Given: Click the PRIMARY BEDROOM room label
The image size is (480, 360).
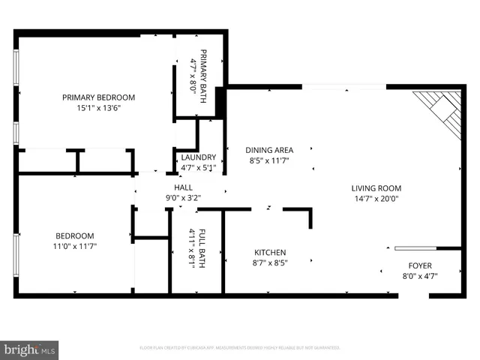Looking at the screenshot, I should pyautogui.click(x=98, y=97).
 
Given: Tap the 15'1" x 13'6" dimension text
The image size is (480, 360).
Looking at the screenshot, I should pyautogui.click(x=98, y=108).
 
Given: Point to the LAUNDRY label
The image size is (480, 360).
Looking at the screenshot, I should pyautogui.click(x=199, y=157).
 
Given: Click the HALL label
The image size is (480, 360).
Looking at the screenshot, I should pyautogui.click(x=184, y=187).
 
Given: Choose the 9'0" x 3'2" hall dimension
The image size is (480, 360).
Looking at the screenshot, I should pyautogui.click(x=184, y=198).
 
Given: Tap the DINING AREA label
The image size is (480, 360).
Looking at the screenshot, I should pyautogui.click(x=270, y=150).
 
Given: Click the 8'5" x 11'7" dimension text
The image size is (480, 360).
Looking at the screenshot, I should pyautogui.click(x=270, y=160).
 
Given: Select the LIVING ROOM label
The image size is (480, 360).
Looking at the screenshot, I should pyautogui.click(x=376, y=188).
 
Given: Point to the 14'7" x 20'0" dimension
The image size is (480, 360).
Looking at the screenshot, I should pyautogui.click(x=376, y=199).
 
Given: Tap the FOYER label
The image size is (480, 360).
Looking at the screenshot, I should pyautogui.click(x=419, y=265).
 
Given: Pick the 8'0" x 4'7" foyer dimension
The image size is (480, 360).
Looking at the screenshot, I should pyautogui.click(x=419, y=276).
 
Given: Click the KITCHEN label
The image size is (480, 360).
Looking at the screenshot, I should pyautogui.click(x=270, y=253).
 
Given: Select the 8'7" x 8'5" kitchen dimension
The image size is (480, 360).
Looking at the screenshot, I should pyautogui.click(x=270, y=263).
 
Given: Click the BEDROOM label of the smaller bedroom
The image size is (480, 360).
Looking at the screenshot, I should pyautogui.click(x=73, y=235).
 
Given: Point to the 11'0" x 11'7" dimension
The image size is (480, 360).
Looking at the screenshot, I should pyautogui.click(x=73, y=246).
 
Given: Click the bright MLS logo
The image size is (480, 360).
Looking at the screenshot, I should pyautogui.click(x=29, y=349).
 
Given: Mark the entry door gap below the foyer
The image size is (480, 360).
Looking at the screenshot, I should pyautogui.click(x=413, y=295).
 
